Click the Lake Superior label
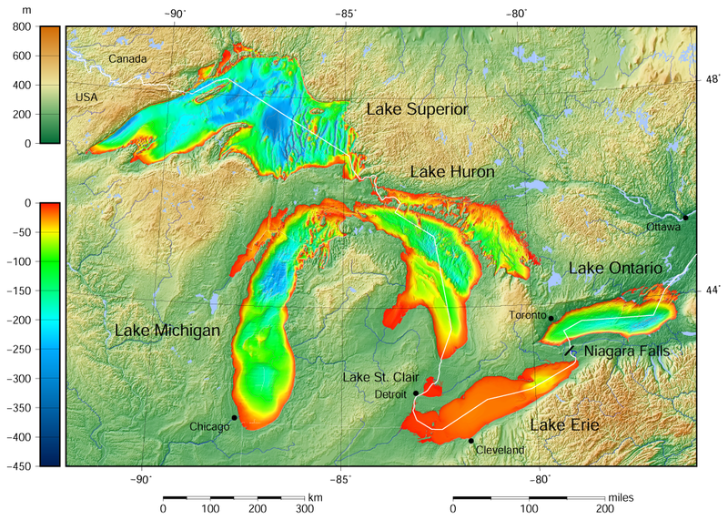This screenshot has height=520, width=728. coord(417,109)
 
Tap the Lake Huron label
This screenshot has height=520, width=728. coord(452,171)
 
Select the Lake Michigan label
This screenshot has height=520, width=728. coord(167,331)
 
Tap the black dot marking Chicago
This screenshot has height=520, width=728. coord(235,418)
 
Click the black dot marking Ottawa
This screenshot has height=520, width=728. coord(685,218)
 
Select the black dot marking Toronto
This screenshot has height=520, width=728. coord(551,318)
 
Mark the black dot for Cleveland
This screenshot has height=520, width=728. coord(470,441)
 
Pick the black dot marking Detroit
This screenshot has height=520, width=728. coord(416,393)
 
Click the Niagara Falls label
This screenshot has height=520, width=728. coord(626,351)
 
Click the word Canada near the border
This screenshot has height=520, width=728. coord(127,59)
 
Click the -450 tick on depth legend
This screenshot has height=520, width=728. coord(19,465)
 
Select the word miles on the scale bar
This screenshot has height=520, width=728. coord(618,497)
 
